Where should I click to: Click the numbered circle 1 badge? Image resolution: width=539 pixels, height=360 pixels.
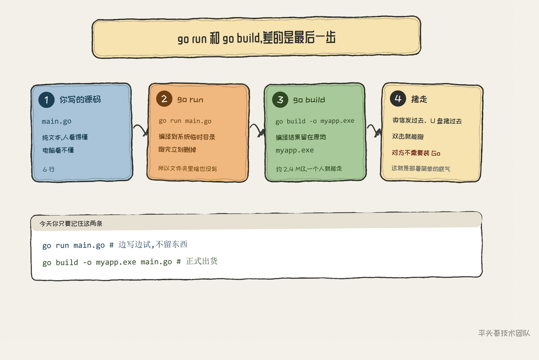(46, 100)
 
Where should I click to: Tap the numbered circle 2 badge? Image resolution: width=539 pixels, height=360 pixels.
(164, 99)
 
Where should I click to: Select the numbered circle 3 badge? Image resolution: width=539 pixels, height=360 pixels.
(280, 100)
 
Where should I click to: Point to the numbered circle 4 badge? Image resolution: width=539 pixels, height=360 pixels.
(398, 99)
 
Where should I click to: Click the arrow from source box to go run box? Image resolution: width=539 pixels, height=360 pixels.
(141, 129)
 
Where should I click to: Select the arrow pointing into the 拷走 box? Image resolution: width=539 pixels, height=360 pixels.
(375, 130)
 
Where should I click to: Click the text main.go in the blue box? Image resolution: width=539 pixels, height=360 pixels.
(56, 122)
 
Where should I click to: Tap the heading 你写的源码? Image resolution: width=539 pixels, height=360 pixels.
(80, 99)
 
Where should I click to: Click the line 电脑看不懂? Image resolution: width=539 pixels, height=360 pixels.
(58, 150)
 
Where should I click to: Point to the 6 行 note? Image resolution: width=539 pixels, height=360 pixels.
(48, 169)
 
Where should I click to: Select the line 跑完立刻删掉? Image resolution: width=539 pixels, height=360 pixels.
(177, 149)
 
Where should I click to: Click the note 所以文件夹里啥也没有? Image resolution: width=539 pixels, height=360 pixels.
(187, 169)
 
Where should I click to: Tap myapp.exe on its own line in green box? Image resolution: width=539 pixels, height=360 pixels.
(295, 150)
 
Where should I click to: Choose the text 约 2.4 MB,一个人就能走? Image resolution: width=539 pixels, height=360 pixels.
(309, 169)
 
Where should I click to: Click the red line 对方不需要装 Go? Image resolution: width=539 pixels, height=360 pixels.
(416, 153)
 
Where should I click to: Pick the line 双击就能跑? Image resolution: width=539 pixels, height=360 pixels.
(408, 137)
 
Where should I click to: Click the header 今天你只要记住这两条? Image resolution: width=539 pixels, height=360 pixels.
(71, 224)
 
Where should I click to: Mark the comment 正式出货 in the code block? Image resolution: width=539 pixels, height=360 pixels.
(202, 261)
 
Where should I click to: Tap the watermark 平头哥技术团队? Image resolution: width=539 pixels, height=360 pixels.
(504, 333)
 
